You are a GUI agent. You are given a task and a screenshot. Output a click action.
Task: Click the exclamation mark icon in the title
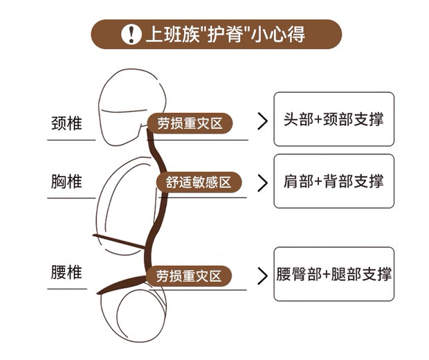click(129, 34)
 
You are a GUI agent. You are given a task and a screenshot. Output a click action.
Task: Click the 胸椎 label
click(67, 181)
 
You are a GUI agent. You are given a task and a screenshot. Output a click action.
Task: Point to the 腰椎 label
click(67, 272)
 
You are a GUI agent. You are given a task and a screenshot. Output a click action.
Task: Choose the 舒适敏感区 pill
click(199, 182)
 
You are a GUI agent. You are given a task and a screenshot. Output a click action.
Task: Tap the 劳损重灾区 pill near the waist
click(188, 276)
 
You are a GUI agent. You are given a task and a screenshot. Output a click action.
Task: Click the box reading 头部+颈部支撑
click(334, 119)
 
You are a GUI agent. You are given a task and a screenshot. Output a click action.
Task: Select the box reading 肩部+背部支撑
click(334, 181)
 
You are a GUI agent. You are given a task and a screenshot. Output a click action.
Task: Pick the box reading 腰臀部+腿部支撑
click(334, 274)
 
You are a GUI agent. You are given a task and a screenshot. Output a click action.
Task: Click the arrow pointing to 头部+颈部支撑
click(262, 122)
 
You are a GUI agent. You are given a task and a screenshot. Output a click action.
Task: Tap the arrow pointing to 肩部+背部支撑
click(262, 183)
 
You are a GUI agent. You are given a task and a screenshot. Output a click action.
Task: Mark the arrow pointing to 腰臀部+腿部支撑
click(262, 276)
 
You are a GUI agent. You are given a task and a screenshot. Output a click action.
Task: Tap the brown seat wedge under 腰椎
click(118, 285)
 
